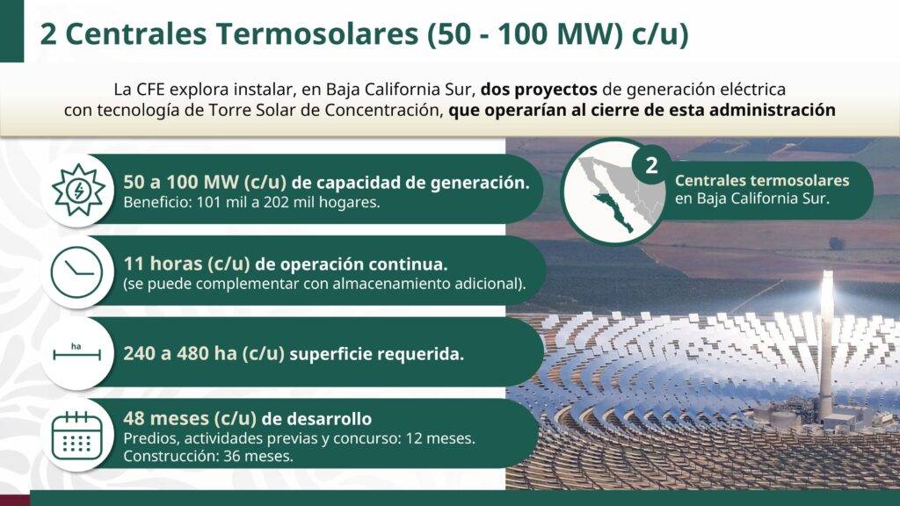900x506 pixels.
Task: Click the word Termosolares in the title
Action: [x=316, y=34]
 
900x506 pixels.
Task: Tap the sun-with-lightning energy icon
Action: [x=78, y=190]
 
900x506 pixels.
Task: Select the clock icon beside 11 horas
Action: [x=77, y=272]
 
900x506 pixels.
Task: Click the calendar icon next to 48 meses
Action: [x=77, y=436]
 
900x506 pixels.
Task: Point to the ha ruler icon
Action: [x=76, y=352]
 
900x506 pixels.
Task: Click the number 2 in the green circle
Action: [x=651, y=166]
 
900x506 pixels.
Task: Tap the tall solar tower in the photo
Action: [x=825, y=344]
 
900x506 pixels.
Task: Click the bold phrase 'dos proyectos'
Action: [x=539, y=90]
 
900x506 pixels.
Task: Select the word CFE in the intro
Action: [x=150, y=90]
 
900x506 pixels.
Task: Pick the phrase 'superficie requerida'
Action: [x=376, y=354]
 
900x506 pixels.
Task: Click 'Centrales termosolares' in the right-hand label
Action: [x=762, y=180]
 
